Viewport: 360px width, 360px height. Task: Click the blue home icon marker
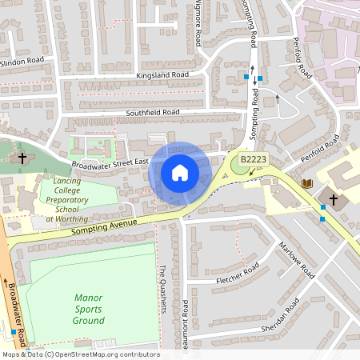point(180,173)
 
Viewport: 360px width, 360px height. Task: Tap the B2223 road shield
point(254,161)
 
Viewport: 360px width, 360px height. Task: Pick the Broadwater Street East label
point(110,162)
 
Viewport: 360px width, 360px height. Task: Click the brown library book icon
point(306,184)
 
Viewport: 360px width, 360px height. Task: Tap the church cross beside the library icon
point(334,198)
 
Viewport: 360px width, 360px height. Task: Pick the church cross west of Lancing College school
point(23,158)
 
